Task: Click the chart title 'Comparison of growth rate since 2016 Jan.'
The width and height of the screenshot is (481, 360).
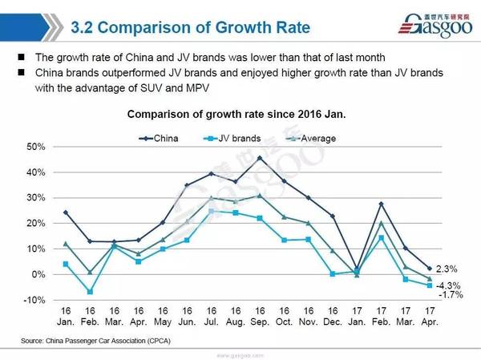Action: tap(236, 114)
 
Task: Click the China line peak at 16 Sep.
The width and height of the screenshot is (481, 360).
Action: tap(260, 158)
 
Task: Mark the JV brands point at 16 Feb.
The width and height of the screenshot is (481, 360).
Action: tap(90, 292)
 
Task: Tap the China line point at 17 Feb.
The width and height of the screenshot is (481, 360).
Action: tap(382, 204)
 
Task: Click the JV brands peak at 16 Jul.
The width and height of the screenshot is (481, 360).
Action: tap(212, 211)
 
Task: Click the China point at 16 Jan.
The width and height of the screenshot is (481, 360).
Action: tap(66, 212)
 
